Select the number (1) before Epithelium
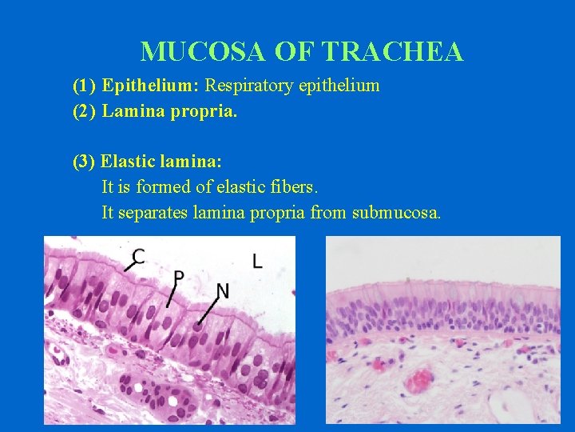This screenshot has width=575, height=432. (x=85, y=86)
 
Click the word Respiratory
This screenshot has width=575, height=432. (x=251, y=86)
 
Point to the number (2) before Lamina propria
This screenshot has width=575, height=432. (x=85, y=111)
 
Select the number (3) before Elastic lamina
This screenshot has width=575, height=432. (x=85, y=162)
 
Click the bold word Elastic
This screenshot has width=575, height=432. (x=129, y=162)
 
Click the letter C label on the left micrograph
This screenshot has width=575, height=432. (x=139, y=255)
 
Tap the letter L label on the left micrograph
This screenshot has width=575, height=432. (x=257, y=261)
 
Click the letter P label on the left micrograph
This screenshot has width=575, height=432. (x=179, y=277)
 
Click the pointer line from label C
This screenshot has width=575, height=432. (x=129, y=265)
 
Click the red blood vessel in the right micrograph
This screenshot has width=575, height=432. (x=418, y=379)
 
